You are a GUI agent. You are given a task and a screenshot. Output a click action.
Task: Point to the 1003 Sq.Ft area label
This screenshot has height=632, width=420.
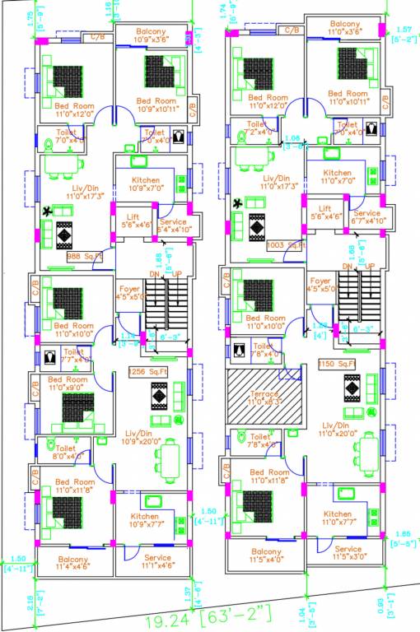tap(285, 245)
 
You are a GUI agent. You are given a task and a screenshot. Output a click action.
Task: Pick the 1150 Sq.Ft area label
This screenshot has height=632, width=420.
tap(337, 363)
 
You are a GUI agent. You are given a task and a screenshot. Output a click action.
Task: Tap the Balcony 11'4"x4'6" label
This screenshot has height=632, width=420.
tap(73, 563)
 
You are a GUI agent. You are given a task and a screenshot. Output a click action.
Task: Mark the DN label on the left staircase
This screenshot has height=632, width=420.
tap(153, 274)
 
